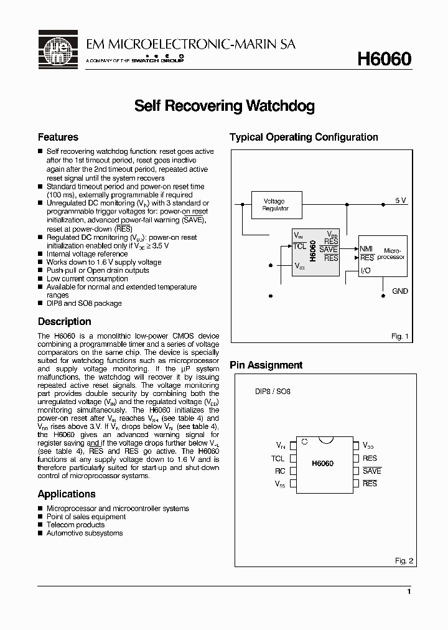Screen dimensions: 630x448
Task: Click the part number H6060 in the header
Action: click(x=383, y=59)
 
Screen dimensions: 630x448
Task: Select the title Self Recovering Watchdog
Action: click(x=224, y=106)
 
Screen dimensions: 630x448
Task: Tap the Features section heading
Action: click(x=58, y=137)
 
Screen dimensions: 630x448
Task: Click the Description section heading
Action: click(x=64, y=322)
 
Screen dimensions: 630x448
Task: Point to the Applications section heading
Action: click(x=67, y=494)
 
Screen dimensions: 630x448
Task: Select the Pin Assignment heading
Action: click(x=266, y=365)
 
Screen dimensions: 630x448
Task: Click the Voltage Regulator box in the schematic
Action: click(x=275, y=205)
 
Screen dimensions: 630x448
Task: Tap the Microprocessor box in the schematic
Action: click(x=383, y=255)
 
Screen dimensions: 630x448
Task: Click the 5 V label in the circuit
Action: click(x=400, y=200)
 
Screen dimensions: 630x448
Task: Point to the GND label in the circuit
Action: click(x=400, y=291)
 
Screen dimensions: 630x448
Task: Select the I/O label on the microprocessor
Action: click(x=366, y=271)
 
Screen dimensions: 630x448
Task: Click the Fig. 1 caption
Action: click(x=399, y=336)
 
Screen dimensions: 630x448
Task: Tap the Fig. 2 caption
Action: click(x=404, y=561)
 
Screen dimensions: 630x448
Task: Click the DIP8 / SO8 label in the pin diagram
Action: click(x=273, y=392)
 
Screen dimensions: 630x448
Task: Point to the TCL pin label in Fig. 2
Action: click(x=278, y=458)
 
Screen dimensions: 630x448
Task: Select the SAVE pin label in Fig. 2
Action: click(x=371, y=471)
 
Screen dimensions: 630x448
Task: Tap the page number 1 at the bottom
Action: click(x=408, y=591)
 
